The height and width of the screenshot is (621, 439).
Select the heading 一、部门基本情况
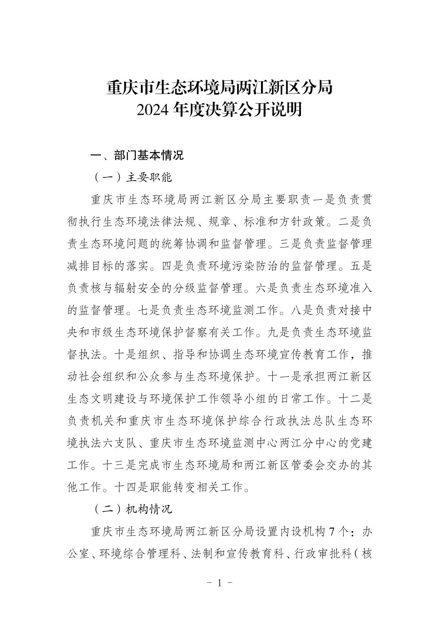(x=137, y=156)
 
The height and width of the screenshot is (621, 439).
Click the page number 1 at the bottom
(x=219, y=583)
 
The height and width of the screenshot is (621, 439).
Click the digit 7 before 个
(x=332, y=532)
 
